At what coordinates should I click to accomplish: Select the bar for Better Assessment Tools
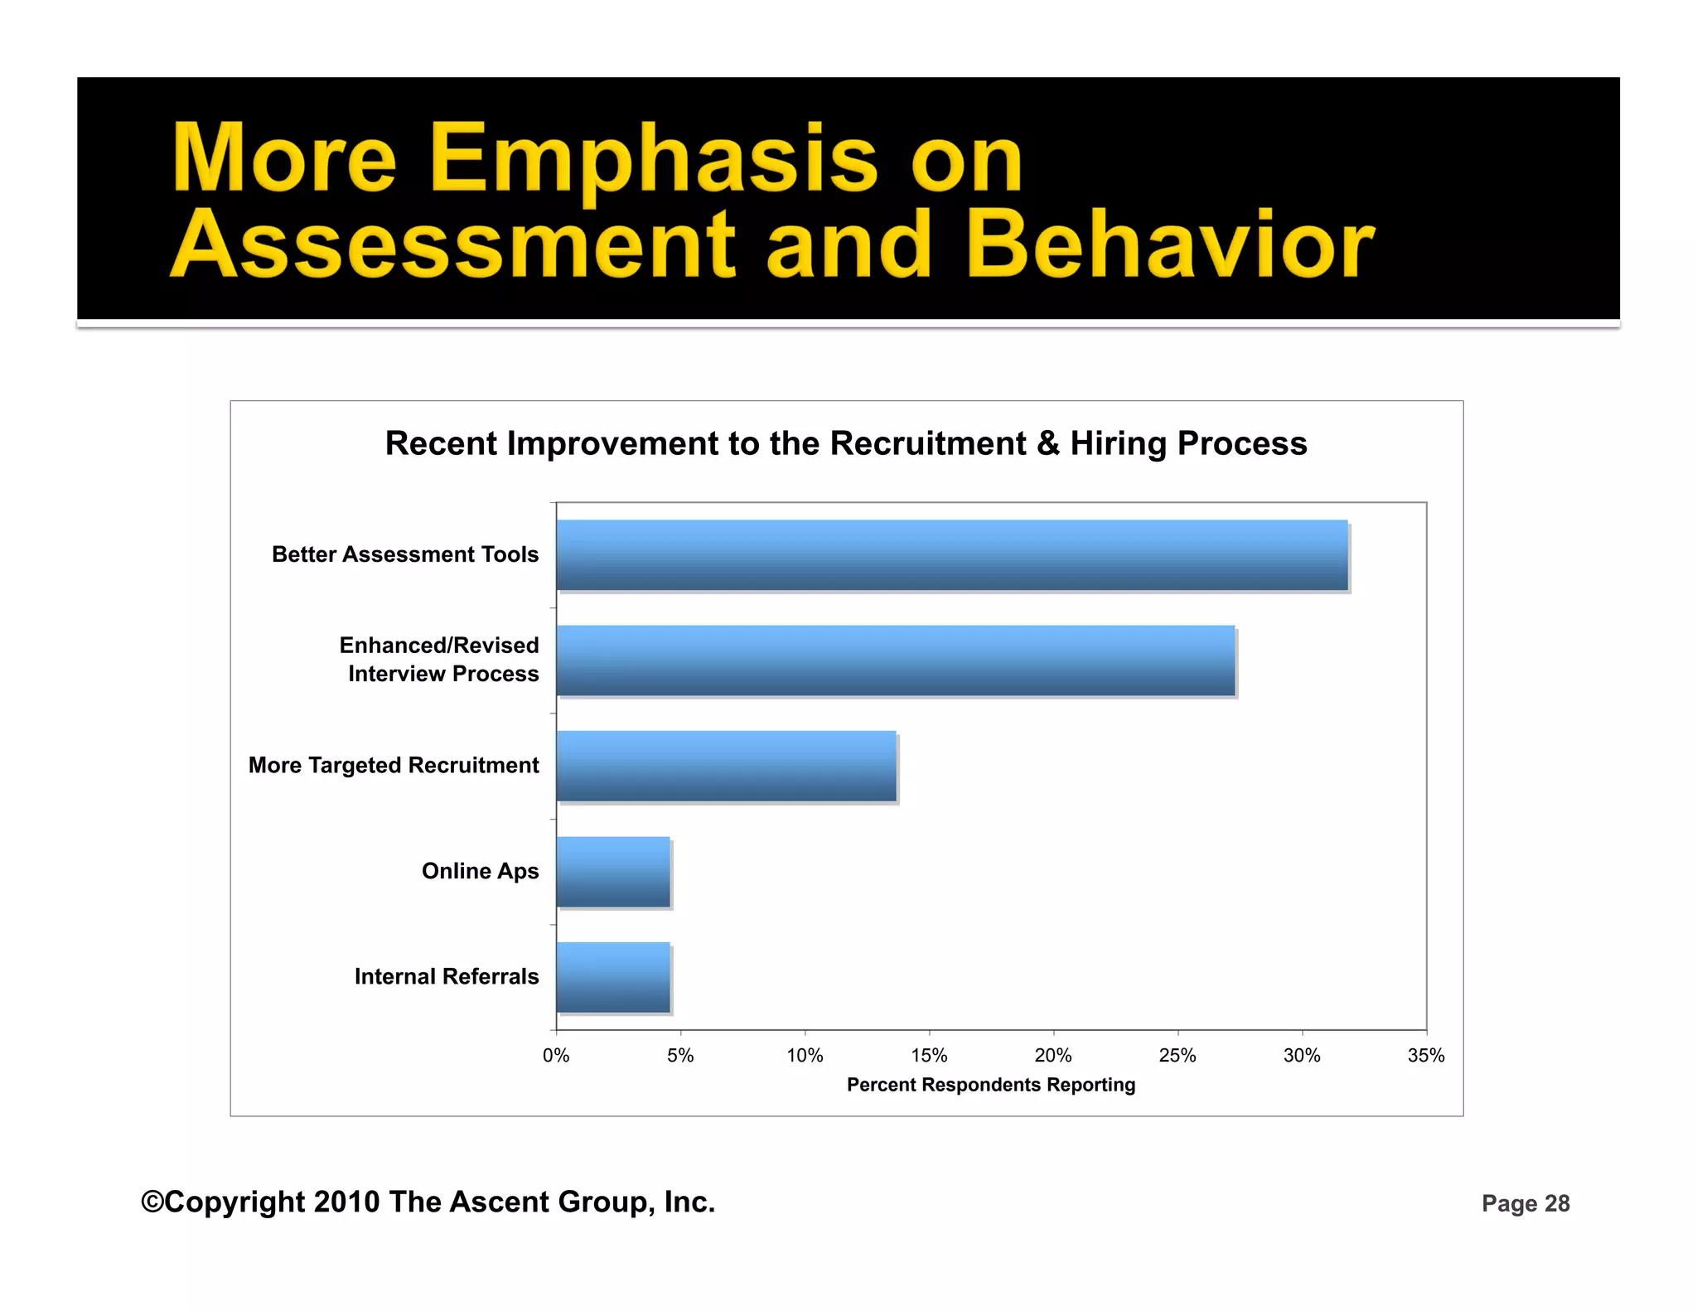click(x=951, y=554)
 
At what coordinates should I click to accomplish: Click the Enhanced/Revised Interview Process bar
click(x=895, y=660)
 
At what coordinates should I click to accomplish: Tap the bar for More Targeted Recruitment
click(x=726, y=766)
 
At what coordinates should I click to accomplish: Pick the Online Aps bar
click(x=613, y=871)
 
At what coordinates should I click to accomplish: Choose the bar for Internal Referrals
click(x=613, y=976)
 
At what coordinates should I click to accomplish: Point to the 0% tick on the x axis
click(x=556, y=1056)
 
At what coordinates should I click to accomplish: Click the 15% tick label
click(x=929, y=1056)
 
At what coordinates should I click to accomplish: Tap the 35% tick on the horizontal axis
click(x=1426, y=1056)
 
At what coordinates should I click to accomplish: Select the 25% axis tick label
click(x=1177, y=1056)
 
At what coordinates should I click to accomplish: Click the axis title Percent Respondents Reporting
click(x=991, y=1085)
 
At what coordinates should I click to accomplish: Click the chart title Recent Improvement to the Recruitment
click(x=846, y=443)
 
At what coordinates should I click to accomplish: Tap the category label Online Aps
click(x=480, y=871)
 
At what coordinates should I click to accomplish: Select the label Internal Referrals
click(x=447, y=976)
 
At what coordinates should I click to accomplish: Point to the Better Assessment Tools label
click(x=405, y=554)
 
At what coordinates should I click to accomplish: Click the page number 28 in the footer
click(x=1557, y=1203)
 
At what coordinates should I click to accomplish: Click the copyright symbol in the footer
click(x=152, y=1202)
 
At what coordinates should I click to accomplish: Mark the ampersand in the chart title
click(x=1047, y=443)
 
